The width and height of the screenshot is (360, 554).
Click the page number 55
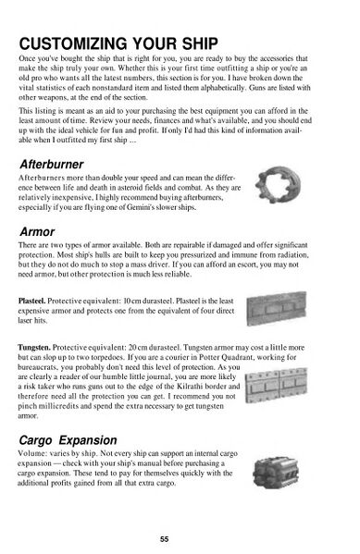(x=164, y=539)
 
